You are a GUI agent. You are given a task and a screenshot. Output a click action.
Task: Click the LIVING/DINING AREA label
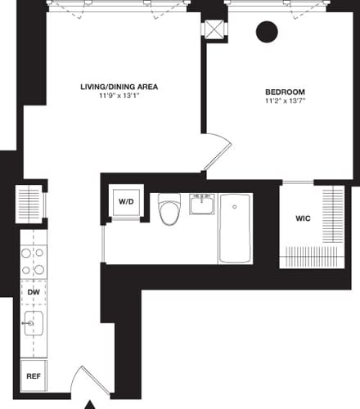click(119, 86)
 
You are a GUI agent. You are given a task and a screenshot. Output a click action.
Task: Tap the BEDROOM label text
click(285, 92)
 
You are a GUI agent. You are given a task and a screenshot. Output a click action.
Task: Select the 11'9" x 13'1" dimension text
click(119, 97)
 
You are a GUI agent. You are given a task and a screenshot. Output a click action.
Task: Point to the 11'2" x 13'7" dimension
click(285, 102)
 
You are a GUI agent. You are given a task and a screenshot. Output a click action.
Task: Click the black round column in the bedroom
click(267, 32)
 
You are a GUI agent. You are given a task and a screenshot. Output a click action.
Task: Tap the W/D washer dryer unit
click(127, 200)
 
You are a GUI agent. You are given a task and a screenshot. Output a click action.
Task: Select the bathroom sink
click(202, 204)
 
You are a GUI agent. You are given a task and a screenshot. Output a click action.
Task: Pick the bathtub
click(236, 228)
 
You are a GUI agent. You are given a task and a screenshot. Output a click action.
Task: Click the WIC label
click(302, 218)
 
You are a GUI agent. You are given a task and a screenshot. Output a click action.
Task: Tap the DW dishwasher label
click(34, 290)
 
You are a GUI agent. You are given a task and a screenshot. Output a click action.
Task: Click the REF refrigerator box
click(34, 377)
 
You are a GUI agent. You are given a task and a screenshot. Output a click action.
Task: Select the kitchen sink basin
click(34, 325)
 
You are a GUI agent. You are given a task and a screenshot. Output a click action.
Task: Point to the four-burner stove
click(33, 261)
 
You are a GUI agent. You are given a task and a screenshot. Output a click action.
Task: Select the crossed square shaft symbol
click(214, 29)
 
